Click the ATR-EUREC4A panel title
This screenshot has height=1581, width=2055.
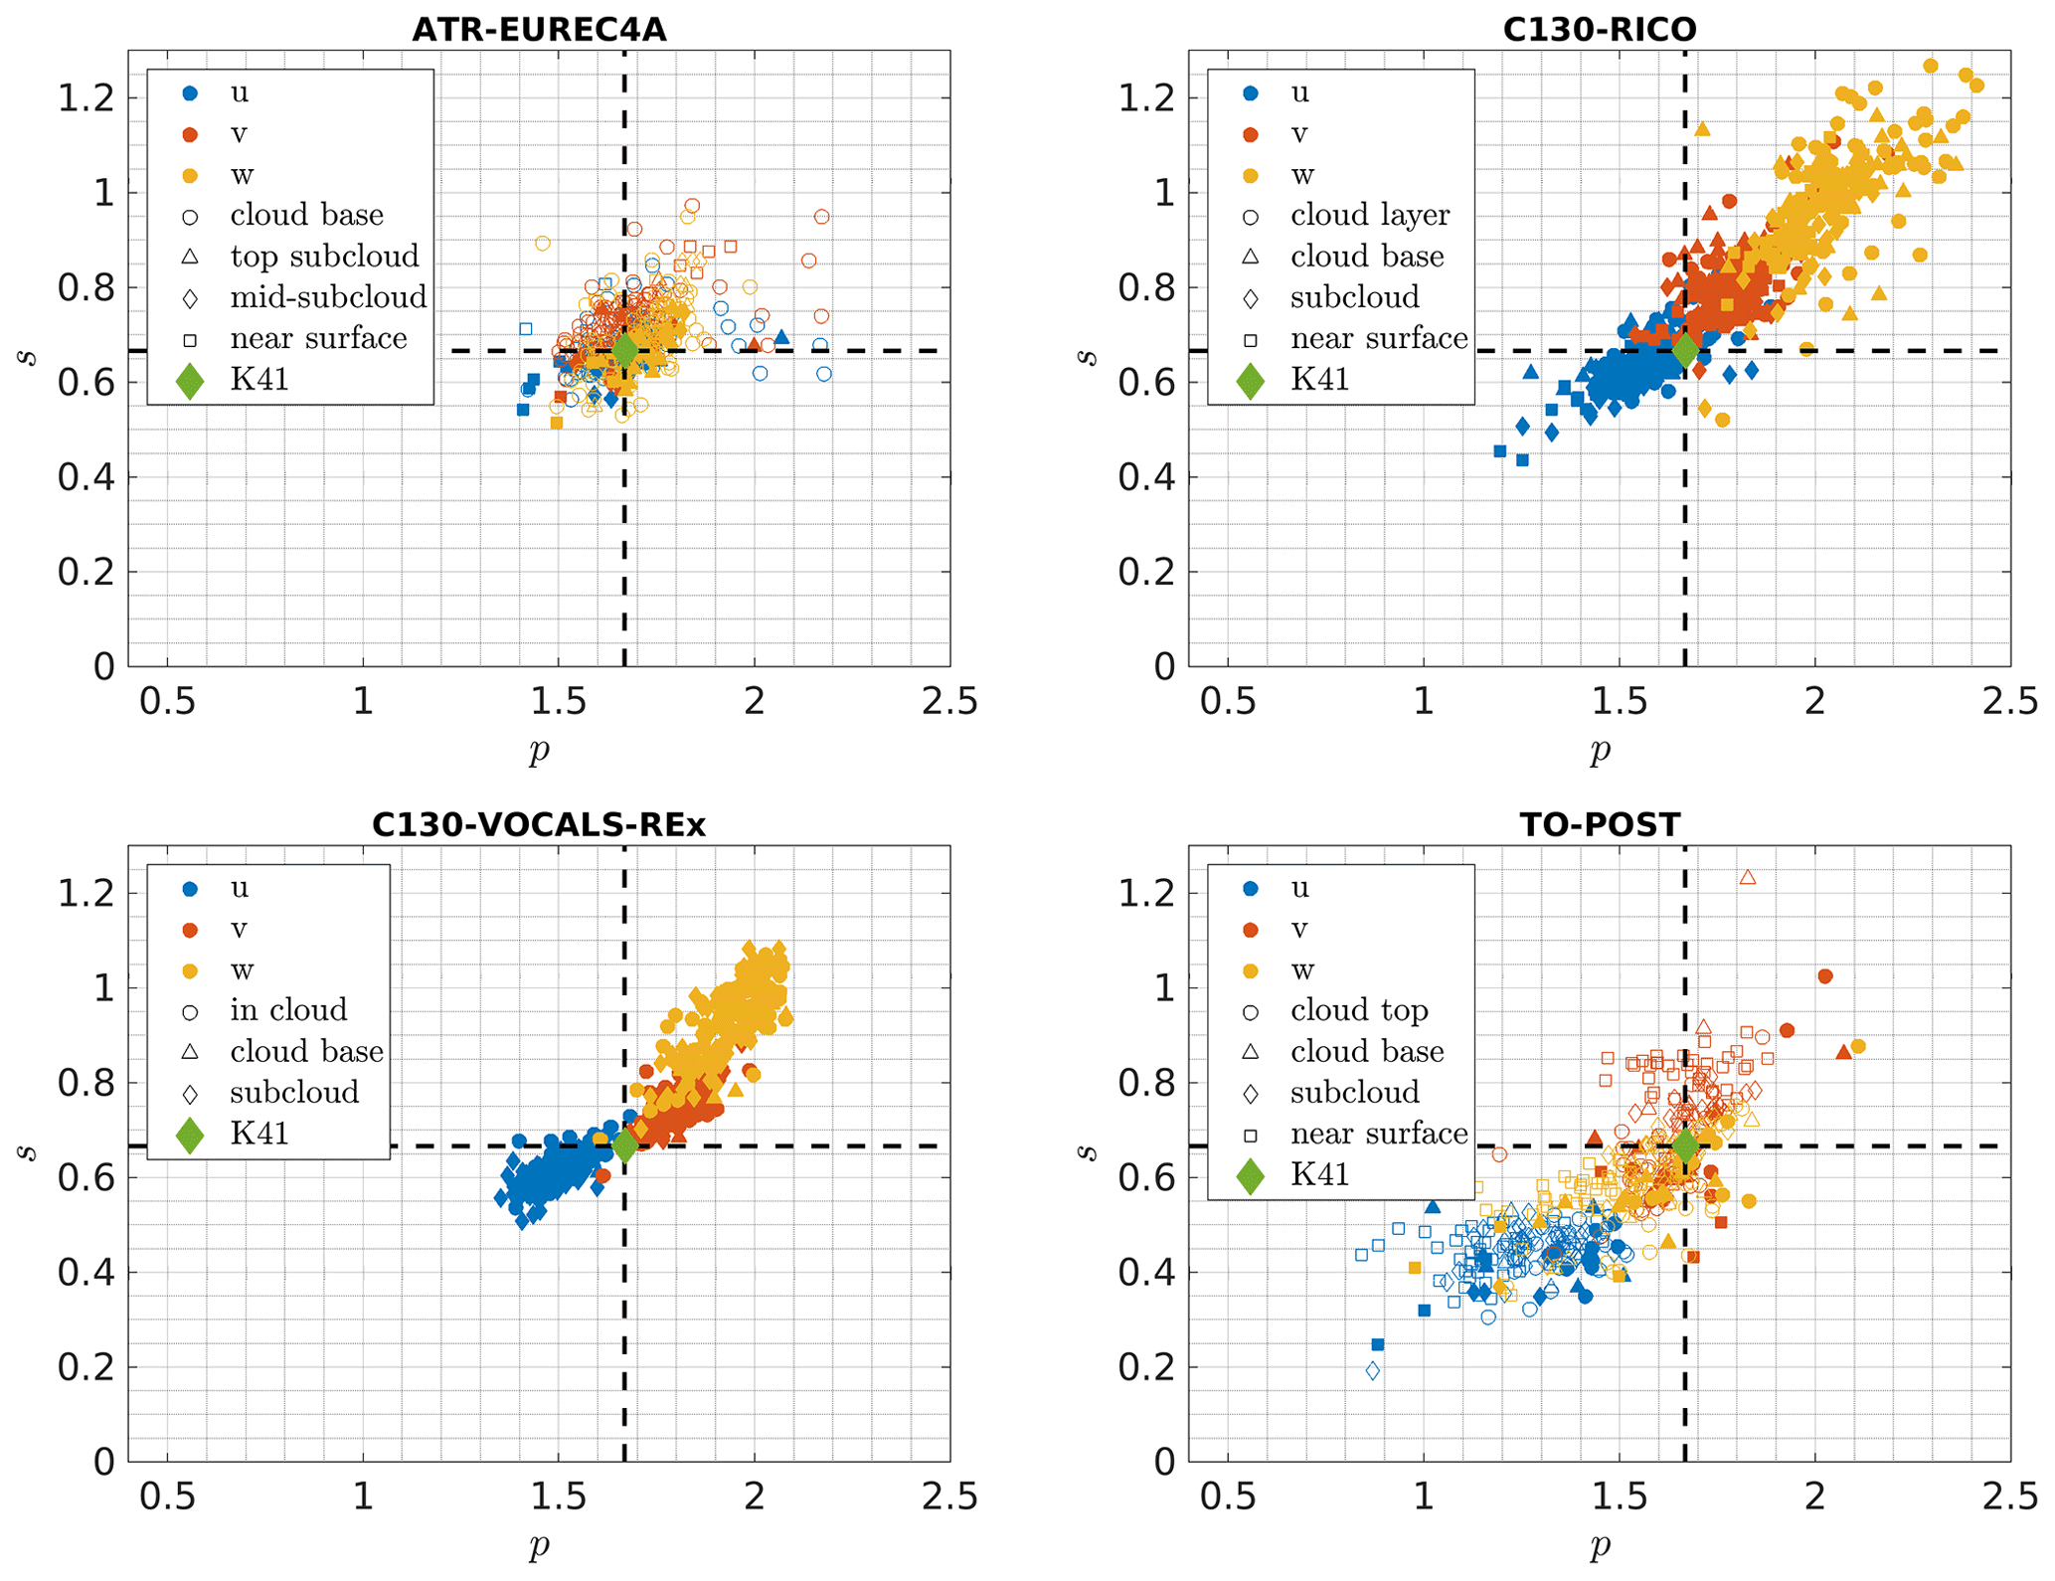(539, 30)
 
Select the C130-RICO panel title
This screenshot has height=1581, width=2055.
(1599, 30)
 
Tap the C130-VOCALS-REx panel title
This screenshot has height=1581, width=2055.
(539, 824)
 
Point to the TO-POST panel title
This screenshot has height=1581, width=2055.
(1599, 824)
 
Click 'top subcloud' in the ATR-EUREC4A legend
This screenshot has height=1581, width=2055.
(324, 257)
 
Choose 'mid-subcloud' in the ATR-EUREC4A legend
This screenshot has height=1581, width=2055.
(328, 297)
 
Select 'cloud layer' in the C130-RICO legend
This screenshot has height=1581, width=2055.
(1369, 215)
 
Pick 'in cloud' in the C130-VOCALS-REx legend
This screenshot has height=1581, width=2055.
(288, 1010)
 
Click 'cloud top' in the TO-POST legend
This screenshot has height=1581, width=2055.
(1358, 1010)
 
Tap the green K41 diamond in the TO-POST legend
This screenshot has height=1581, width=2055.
(1251, 1174)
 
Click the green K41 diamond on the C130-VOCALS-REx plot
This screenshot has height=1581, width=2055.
(624, 1145)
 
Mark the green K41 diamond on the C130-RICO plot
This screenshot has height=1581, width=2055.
(1685, 350)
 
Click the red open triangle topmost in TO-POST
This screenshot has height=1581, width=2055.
(1748, 877)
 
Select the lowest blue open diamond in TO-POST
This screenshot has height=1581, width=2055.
(1373, 1371)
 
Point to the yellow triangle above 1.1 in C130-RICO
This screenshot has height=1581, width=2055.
(1702, 128)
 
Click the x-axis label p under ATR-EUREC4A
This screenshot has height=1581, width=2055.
(539, 751)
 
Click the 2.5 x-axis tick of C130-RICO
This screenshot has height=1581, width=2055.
(2009, 702)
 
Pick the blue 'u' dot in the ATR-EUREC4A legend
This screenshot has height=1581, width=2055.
(190, 92)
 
